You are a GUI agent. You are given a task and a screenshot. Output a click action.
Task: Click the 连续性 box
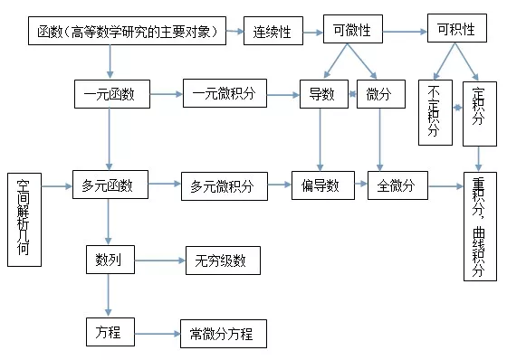(272, 33)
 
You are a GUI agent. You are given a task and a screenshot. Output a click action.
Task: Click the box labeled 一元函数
(110, 95)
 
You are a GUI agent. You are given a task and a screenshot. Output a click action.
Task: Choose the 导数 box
(318, 95)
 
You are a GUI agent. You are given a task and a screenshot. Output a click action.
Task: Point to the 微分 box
(379, 95)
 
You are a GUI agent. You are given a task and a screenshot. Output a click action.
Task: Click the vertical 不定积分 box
(435, 113)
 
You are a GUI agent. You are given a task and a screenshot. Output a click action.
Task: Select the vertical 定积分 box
(479, 113)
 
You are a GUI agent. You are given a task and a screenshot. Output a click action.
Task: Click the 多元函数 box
(109, 186)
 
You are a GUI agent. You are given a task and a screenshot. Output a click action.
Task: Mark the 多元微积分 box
(223, 186)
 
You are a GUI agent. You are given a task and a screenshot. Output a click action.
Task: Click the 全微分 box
(397, 186)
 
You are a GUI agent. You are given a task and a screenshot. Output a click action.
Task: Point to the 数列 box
(109, 261)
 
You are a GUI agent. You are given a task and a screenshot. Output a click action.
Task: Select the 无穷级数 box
(222, 261)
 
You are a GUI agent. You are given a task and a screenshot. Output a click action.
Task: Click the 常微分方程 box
(223, 333)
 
